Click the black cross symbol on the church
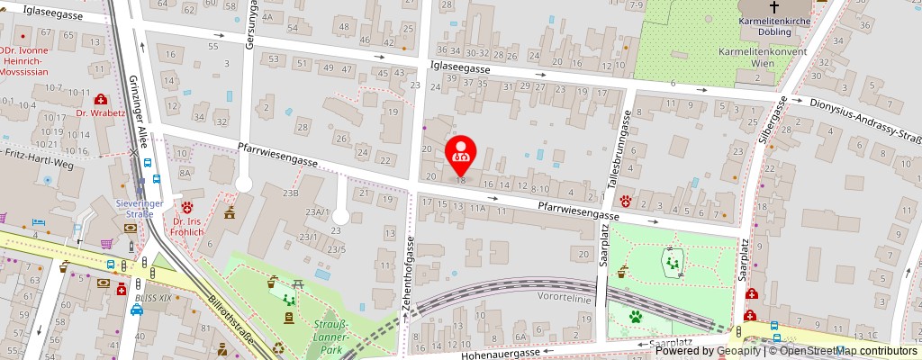(768, 6)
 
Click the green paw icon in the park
(636, 317)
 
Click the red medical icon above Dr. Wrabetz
(101, 98)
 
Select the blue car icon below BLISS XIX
(137, 310)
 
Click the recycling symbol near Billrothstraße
(279, 347)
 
